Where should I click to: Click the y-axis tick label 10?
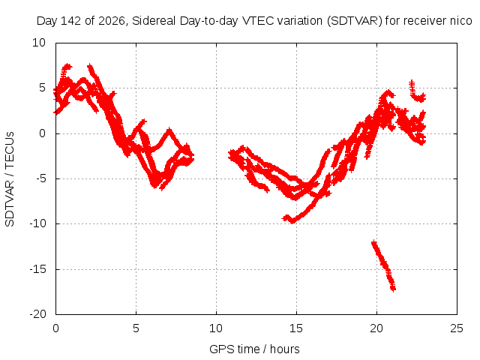[39, 43]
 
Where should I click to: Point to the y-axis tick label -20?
[37, 314]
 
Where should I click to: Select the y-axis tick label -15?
[37, 269]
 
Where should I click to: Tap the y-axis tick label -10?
[37, 223]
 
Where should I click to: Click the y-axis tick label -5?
[40, 178]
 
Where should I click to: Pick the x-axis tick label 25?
[457, 328]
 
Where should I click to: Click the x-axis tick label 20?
[376, 328]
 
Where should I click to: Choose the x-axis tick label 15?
[296, 328]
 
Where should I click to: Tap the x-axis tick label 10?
[216, 328]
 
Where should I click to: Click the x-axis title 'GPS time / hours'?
[254, 349]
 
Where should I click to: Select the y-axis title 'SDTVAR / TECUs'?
[10, 179]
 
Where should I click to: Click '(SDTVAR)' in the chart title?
[355, 21]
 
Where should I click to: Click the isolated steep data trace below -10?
[383, 265]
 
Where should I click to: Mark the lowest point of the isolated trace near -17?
[393, 289]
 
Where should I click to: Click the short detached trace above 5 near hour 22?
[418, 91]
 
